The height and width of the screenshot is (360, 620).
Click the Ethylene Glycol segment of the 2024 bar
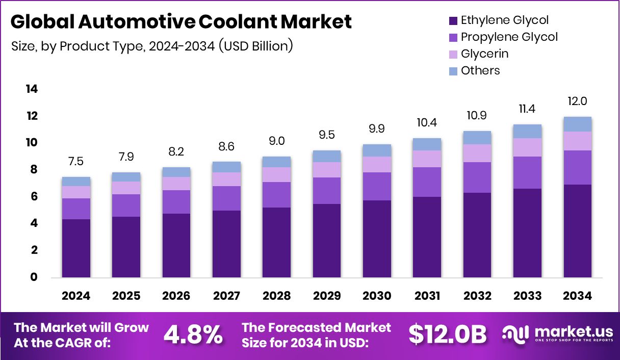76,248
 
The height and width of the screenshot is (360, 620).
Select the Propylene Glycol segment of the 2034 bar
578,167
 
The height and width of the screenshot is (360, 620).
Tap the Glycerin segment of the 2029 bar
327,170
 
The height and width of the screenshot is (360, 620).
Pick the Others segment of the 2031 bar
427,144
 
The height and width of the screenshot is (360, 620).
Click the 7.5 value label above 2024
76,162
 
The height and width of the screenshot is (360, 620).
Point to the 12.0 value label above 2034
578,101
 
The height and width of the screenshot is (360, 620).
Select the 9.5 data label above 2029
327,135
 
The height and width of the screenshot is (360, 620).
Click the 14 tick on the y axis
32,89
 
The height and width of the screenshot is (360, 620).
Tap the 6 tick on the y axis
34,196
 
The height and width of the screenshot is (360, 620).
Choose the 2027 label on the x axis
226,296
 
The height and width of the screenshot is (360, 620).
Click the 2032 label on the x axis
477,296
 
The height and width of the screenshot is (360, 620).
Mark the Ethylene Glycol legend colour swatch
453,21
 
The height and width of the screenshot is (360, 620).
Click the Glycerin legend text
484,54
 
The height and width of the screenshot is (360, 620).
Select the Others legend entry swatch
453,71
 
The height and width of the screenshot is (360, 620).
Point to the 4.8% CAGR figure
193,335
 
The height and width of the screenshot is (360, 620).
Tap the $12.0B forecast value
448,335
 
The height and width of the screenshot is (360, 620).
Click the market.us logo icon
516,334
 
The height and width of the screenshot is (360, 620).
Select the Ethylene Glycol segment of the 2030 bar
377,239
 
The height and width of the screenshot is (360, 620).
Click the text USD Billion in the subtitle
255,46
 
